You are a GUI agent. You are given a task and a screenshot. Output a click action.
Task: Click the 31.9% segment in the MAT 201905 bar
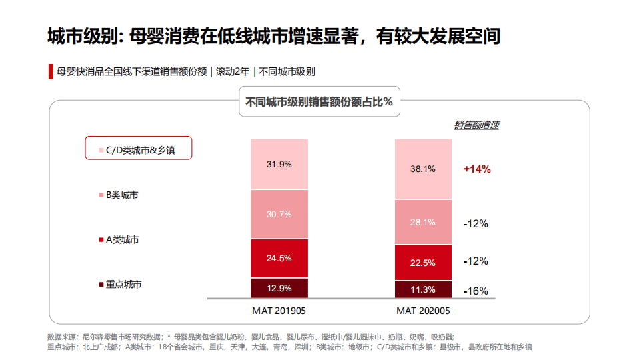point(279,164)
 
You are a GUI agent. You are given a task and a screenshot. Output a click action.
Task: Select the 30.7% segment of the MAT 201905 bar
point(279,214)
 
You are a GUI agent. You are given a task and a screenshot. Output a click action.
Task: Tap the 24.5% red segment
point(279,258)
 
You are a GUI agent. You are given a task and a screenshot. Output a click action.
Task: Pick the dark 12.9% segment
point(279,288)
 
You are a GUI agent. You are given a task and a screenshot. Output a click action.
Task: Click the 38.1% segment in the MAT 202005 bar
point(423,169)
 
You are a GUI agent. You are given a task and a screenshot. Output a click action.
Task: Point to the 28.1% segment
point(423,222)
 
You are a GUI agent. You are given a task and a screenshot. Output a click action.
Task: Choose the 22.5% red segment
point(423,262)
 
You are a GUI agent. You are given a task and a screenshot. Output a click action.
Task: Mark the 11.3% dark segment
point(423,289)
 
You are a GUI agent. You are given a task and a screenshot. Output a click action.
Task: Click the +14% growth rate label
point(477,169)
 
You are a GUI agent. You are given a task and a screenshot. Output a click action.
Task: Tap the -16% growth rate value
point(476,291)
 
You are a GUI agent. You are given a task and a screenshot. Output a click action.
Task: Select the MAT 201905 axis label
point(279,311)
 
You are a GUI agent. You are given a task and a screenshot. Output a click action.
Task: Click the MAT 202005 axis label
point(423,311)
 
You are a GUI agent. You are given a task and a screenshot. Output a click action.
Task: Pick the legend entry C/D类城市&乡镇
point(139,149)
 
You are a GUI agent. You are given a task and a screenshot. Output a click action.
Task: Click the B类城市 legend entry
point(122,195)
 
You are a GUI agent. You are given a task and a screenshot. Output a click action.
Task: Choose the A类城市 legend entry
point(122,239)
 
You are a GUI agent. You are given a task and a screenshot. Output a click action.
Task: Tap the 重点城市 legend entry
point(123,284)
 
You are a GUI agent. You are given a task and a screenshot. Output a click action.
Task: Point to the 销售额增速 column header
point(477,125)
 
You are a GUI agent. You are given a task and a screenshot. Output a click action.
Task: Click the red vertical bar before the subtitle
point(50,72)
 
